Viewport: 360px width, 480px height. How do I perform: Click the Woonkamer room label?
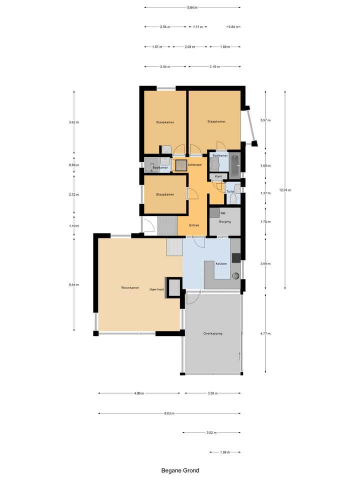(x=129, y=288)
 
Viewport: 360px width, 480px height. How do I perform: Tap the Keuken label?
(x=221, y=263)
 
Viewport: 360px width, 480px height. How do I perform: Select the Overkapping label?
(x=212, y=333)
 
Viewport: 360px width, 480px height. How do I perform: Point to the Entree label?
(x=194, y=225)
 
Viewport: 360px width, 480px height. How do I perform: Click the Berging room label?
(x=224, y=221)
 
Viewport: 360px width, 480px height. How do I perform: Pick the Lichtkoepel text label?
(x=194, y=164)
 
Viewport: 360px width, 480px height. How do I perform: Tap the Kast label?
(x=218, y=176)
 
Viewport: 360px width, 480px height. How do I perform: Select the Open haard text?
(x=156, y=289)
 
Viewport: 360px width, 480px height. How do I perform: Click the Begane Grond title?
(x=180, y=470)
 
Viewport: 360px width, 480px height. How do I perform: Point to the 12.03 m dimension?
(x=285, y=190)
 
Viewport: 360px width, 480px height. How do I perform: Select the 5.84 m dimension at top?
(x=192, y=7)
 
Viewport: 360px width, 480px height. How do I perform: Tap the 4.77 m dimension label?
(x=265, y=333)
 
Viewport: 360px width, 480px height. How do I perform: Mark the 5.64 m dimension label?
(x=74, y=284)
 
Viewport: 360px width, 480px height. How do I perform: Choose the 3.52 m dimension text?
(x=211, y=433)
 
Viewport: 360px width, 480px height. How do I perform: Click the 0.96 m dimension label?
(x=74, y=165)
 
